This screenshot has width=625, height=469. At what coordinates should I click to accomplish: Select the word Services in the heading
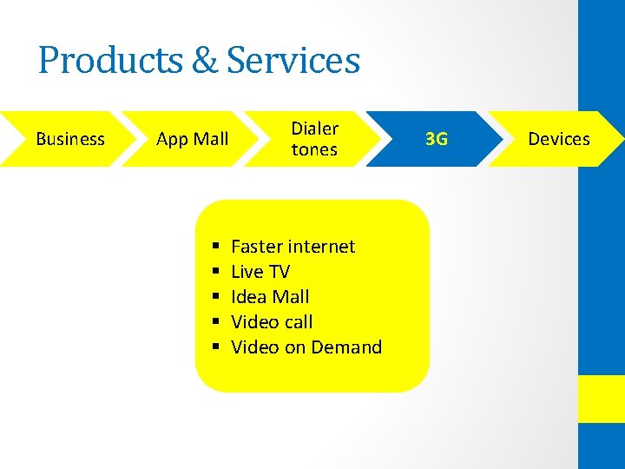[293, 61]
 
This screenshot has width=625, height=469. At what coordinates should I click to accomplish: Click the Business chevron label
[70, 139]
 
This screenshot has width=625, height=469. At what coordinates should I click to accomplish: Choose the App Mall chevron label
[192, 139]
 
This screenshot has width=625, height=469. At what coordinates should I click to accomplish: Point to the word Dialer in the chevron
[314, 129]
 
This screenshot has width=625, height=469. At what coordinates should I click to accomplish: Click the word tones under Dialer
[314, 149]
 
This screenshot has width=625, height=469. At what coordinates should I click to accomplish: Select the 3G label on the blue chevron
[437, 139]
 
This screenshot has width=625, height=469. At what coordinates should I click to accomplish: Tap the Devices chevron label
[559, 139]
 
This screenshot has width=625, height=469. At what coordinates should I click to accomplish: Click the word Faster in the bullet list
[258, 247]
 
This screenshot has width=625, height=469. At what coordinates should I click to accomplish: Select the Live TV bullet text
[260, 272]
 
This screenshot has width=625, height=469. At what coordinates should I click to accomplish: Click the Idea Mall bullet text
[270, 297]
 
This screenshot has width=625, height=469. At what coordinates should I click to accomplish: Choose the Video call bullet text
[272, 322]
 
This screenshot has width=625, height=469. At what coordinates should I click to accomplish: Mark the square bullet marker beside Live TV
[213, 273]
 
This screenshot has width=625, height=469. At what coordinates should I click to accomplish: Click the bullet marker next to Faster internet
[213, 248]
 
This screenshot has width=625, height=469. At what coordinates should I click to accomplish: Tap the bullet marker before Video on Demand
[213, 348]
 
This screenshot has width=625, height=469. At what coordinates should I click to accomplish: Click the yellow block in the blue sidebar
[602, 399]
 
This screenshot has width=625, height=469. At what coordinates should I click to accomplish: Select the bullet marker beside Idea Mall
[213, 298]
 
